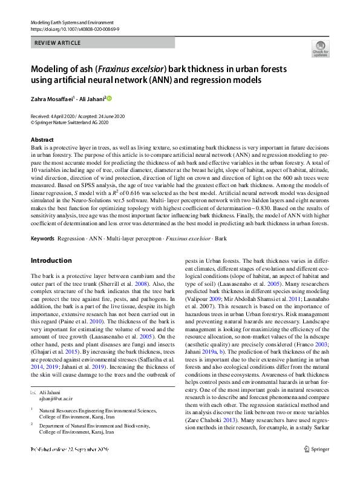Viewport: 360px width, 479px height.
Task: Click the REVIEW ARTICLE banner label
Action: pos(59,44)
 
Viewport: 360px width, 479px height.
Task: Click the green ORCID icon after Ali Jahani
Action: pos(110,97)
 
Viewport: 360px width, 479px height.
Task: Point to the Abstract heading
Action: pos(42,140)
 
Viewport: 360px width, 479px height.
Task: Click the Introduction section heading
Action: pos(51,260)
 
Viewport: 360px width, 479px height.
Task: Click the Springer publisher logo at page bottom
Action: pos(316,466)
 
